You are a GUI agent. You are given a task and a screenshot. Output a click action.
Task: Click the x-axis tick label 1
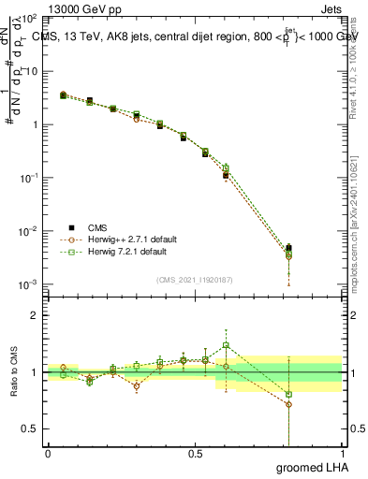point(341,454)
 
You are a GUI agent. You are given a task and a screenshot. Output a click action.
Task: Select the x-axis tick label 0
point(48,454)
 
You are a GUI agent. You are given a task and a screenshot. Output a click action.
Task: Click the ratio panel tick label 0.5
point(30,428)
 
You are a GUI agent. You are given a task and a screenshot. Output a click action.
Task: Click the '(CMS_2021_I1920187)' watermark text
point(195,279)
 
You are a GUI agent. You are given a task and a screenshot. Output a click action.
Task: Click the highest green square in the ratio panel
point(226,345)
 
